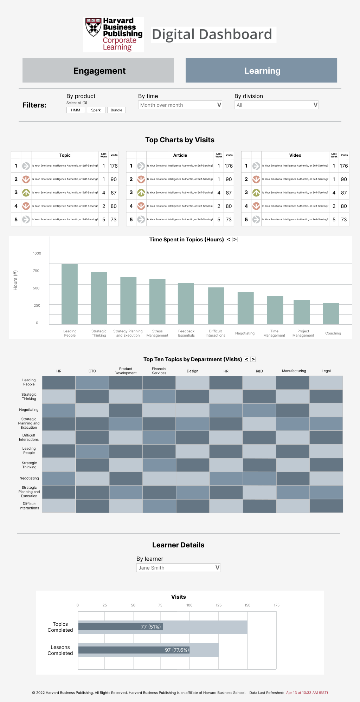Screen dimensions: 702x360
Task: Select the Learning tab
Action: click(261, 71)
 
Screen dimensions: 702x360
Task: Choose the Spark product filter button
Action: click(96, 110)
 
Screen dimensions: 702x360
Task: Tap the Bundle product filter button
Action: click(116, 110)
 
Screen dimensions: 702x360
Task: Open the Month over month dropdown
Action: click(180, 105)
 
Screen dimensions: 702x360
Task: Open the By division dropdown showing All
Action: click(276, 105)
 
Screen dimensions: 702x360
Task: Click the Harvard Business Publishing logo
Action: click(114, 34)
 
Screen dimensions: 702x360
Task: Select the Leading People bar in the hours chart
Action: click(70, 294)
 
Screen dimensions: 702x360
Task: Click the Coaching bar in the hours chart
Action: click(331, 313)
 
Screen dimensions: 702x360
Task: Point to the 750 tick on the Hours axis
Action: click(37, 271)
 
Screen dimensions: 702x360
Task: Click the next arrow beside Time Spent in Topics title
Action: click(235, 240)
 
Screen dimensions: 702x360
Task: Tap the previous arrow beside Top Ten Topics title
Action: click(246, 359)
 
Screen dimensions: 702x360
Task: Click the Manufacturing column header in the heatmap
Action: click(294, 371)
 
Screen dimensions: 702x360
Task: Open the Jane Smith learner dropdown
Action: click(178, 567)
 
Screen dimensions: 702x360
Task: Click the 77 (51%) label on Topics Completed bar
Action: click(151, 627)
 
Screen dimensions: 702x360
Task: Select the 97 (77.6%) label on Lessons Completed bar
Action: click(177, 650)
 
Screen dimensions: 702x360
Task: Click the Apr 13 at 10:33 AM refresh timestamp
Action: click(307, 693)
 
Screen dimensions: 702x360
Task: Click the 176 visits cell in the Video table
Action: click(344, 166)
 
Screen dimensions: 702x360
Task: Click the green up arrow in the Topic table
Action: click(26, 193)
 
